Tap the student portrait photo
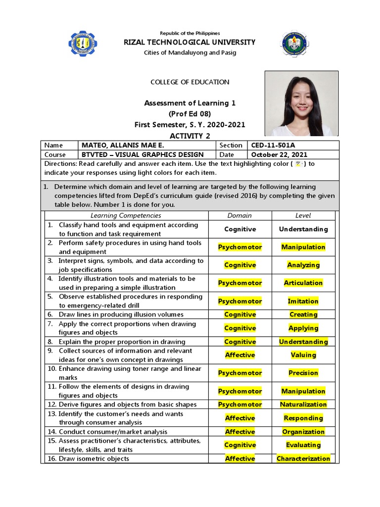click(302, 103)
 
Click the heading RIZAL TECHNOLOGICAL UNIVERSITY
click(190, 42)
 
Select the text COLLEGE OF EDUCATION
click(190, 82)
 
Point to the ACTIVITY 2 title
click(190, 136)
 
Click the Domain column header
click(239, 215)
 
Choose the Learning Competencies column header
click(126, 215)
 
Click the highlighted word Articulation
click(303, 283)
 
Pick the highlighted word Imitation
click(303, 301)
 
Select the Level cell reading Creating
click(303, 314)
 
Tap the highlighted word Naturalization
click(303, 405)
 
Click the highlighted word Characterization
click(303, 458)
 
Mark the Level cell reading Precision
click(303, 373)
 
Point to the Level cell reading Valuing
click(303, 355)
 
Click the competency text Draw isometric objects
click(94, 458)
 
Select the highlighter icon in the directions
click(298, 164)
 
